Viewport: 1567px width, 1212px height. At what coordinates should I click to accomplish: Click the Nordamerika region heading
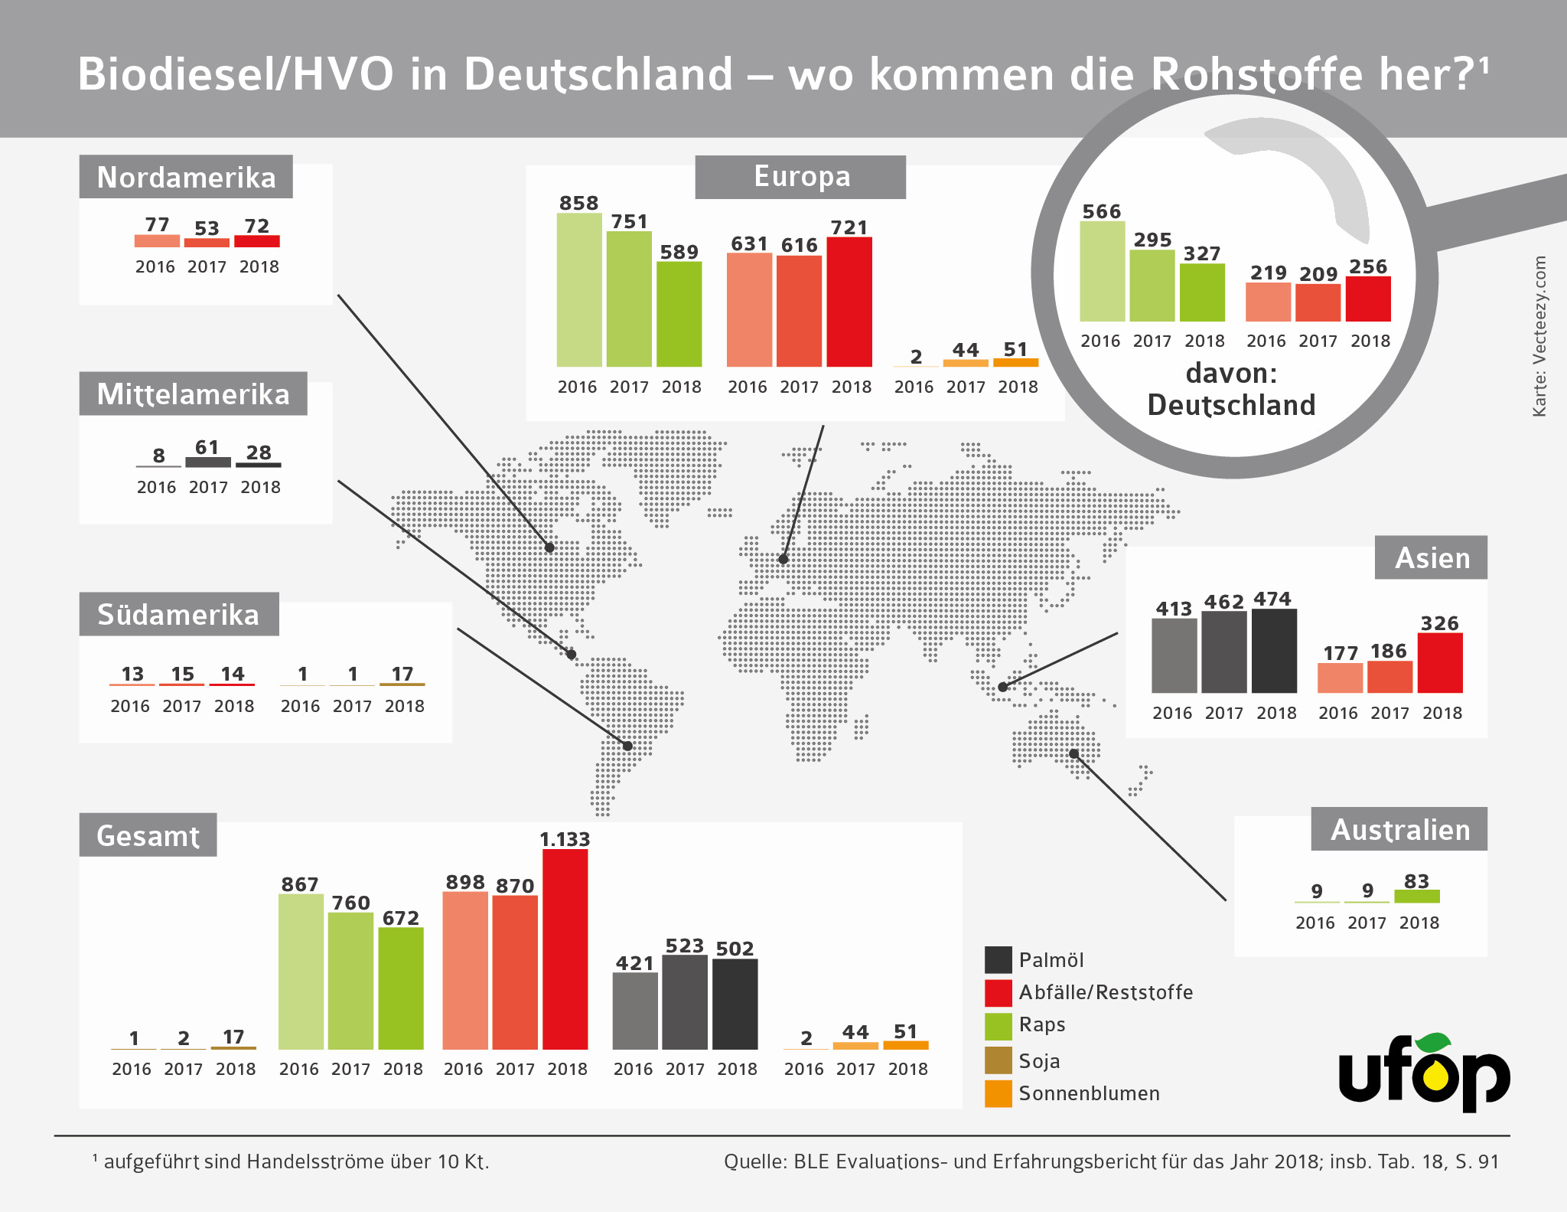186,177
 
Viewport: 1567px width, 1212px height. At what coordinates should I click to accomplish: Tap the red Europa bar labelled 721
849,302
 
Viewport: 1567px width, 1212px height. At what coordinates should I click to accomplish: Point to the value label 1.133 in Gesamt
565,839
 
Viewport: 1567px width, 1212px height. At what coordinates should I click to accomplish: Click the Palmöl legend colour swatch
999,959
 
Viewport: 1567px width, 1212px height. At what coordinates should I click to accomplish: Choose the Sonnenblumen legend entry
1089,1093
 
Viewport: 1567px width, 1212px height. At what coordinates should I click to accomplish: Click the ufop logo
1424,1073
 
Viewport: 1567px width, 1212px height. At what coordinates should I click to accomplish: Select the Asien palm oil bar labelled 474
1274,651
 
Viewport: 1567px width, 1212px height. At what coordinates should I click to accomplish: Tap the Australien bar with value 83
1417,896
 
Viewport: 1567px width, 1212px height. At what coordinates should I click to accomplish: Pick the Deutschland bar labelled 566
1103,271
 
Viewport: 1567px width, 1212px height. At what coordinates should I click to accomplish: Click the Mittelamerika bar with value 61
208,462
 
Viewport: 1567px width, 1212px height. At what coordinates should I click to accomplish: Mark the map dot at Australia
1074,754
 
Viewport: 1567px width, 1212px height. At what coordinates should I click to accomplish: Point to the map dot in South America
627,746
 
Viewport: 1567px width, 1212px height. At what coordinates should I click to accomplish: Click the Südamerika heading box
179,614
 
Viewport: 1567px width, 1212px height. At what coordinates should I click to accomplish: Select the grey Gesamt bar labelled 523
685,1002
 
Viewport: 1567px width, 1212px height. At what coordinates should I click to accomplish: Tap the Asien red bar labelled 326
1440,663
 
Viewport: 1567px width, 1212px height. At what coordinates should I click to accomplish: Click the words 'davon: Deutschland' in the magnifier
1231,389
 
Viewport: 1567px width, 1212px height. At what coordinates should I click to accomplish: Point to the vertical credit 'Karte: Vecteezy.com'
1539,336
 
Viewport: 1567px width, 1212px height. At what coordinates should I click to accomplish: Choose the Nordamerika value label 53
207,228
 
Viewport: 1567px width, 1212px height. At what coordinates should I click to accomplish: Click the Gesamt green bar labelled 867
301,972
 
